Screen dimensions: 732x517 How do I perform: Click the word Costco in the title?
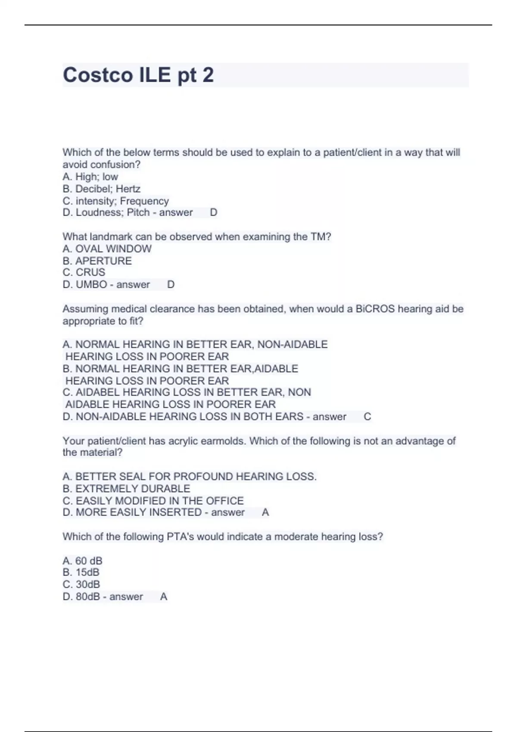[98, 75]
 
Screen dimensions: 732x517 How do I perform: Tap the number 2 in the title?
[208, 75]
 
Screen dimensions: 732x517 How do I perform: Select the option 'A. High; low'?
[90, 177]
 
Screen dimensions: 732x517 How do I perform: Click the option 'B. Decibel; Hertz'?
[101, 189]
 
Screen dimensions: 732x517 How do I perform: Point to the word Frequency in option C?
[144, 201]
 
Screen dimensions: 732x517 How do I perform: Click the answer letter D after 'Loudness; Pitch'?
[213, 212]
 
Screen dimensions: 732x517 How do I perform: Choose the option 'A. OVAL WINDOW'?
[107, 248]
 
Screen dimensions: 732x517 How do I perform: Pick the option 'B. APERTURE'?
[97, 261]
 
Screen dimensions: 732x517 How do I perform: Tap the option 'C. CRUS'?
[84, 272]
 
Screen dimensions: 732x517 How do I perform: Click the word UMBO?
[91, 284]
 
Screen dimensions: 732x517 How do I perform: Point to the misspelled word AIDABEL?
[99, 392]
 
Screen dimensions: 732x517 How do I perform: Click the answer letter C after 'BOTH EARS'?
[367, 416]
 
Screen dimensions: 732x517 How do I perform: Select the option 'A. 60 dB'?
[82, 561]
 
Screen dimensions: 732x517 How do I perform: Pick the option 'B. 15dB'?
[81, 572]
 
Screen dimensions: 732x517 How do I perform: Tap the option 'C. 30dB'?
[81, 584]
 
